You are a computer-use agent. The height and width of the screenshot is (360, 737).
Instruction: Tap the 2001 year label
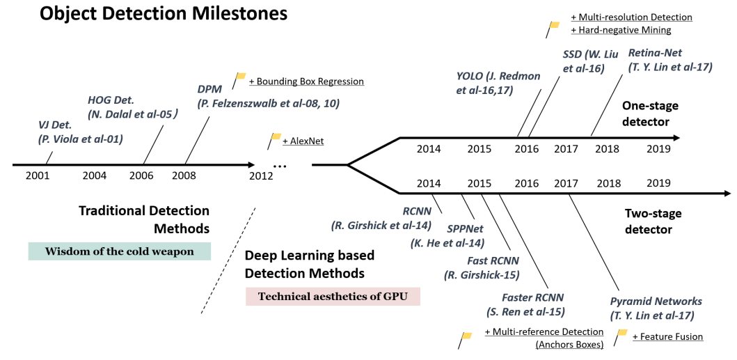[38, 175]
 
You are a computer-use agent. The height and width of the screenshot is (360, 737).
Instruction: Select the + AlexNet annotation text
[303, 141]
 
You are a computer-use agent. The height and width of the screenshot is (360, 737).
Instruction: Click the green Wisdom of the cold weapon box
[120, 251]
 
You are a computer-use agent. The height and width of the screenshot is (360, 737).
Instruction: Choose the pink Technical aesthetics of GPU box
[333, 296]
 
